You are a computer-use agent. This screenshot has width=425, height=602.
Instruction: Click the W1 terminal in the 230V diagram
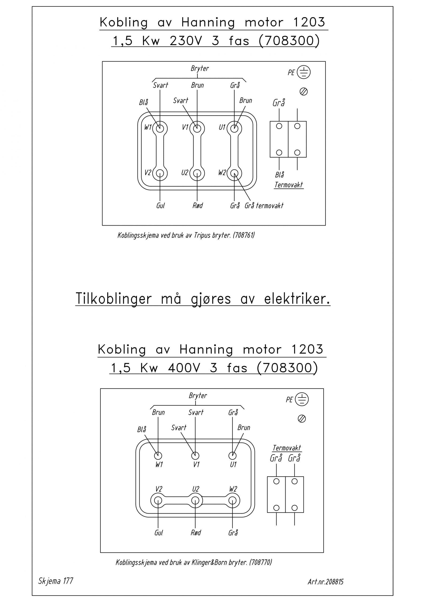pyautogui.click(x=160, y=128)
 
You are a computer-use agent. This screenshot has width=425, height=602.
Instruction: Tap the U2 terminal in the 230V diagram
pyautogui.click(x=197, y=173)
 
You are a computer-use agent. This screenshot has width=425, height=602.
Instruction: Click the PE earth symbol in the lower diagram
pyautogui.click(x=302, y=399)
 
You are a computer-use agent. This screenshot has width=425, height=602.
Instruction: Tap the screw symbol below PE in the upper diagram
pyautogui.click(x=304, y=92)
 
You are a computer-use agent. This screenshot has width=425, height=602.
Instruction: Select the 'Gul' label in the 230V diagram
pyautogui.click(x=160, y=206)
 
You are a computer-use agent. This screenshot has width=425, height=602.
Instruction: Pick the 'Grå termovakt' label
pyautogui.click(x=264, y=206)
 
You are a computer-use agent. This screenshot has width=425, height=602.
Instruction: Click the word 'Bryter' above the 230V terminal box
pyautogui.click(x=200, y=69)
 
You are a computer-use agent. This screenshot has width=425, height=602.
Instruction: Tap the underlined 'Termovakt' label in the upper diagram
pyautogui.click(x=289, y=185)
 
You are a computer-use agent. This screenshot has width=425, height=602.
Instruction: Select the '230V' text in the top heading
pyautogui.click(x=186, y=41)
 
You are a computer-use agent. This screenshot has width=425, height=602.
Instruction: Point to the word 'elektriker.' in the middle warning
pyautogui.click(x=297, y=299)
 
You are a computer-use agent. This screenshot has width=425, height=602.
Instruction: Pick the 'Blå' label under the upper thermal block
pyautogui.click(x=280, y=175)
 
